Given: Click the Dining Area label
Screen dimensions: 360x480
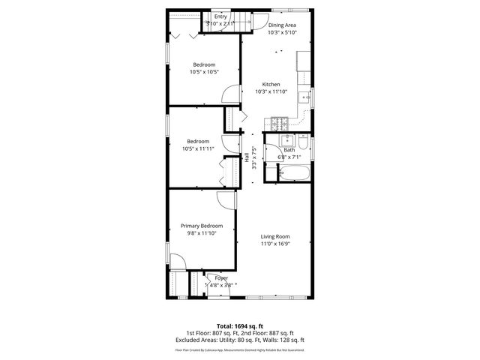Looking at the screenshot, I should (283, 25).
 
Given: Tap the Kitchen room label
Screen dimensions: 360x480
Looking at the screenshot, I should (271, 84).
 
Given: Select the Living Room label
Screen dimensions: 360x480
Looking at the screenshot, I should (275, 236).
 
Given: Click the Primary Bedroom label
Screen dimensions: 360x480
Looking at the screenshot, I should (202, 226).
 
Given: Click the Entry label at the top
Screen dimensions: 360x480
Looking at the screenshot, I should (220, 16).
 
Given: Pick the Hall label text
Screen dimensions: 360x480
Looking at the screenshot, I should (247, 157).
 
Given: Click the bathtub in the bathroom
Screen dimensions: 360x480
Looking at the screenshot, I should (292, 175).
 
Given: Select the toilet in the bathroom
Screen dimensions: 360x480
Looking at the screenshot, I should (301, 142).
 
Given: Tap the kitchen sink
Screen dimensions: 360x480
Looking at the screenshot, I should (304, 97).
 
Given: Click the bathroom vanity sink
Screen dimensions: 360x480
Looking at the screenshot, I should (285, 139).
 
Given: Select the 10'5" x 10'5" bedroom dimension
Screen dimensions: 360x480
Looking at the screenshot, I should (204, 72).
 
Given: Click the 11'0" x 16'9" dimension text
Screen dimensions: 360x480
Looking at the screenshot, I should (275, 244).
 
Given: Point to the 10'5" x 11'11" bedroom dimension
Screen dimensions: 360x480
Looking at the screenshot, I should (199, 148).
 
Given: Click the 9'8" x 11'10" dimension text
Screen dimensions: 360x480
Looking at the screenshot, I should (202, 233).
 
